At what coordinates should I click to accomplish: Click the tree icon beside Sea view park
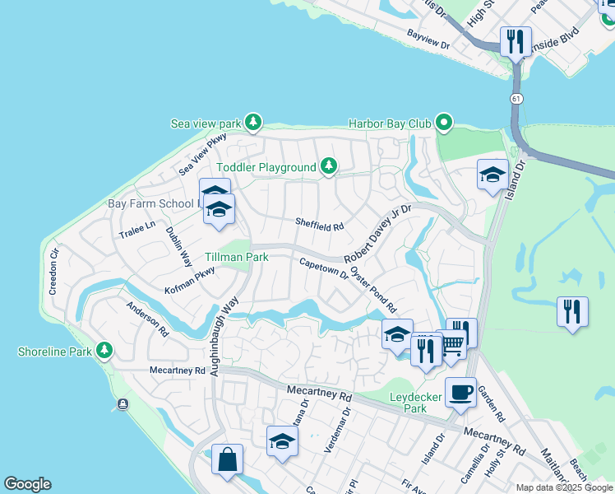click(x=253, y=123)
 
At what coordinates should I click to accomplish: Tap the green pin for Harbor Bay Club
click(x=445, y=123)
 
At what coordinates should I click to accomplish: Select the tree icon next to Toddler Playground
click(x=329, y=167)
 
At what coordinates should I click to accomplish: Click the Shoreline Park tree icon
click(x=104, y=352)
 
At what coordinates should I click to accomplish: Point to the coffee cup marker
click(x=460, y=393)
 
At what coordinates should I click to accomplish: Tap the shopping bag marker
click(x=227, y=459)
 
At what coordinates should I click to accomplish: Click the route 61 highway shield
click(x=516, y=98)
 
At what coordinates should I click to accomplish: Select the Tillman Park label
click(x=237, y=257)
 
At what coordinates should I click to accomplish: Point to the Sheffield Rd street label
click(x=320, y=223)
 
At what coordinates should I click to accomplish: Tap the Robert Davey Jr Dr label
click(x=377, y=234)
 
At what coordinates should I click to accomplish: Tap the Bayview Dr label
click(x=428, y=39)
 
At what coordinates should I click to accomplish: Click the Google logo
click(x=27, y=484)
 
